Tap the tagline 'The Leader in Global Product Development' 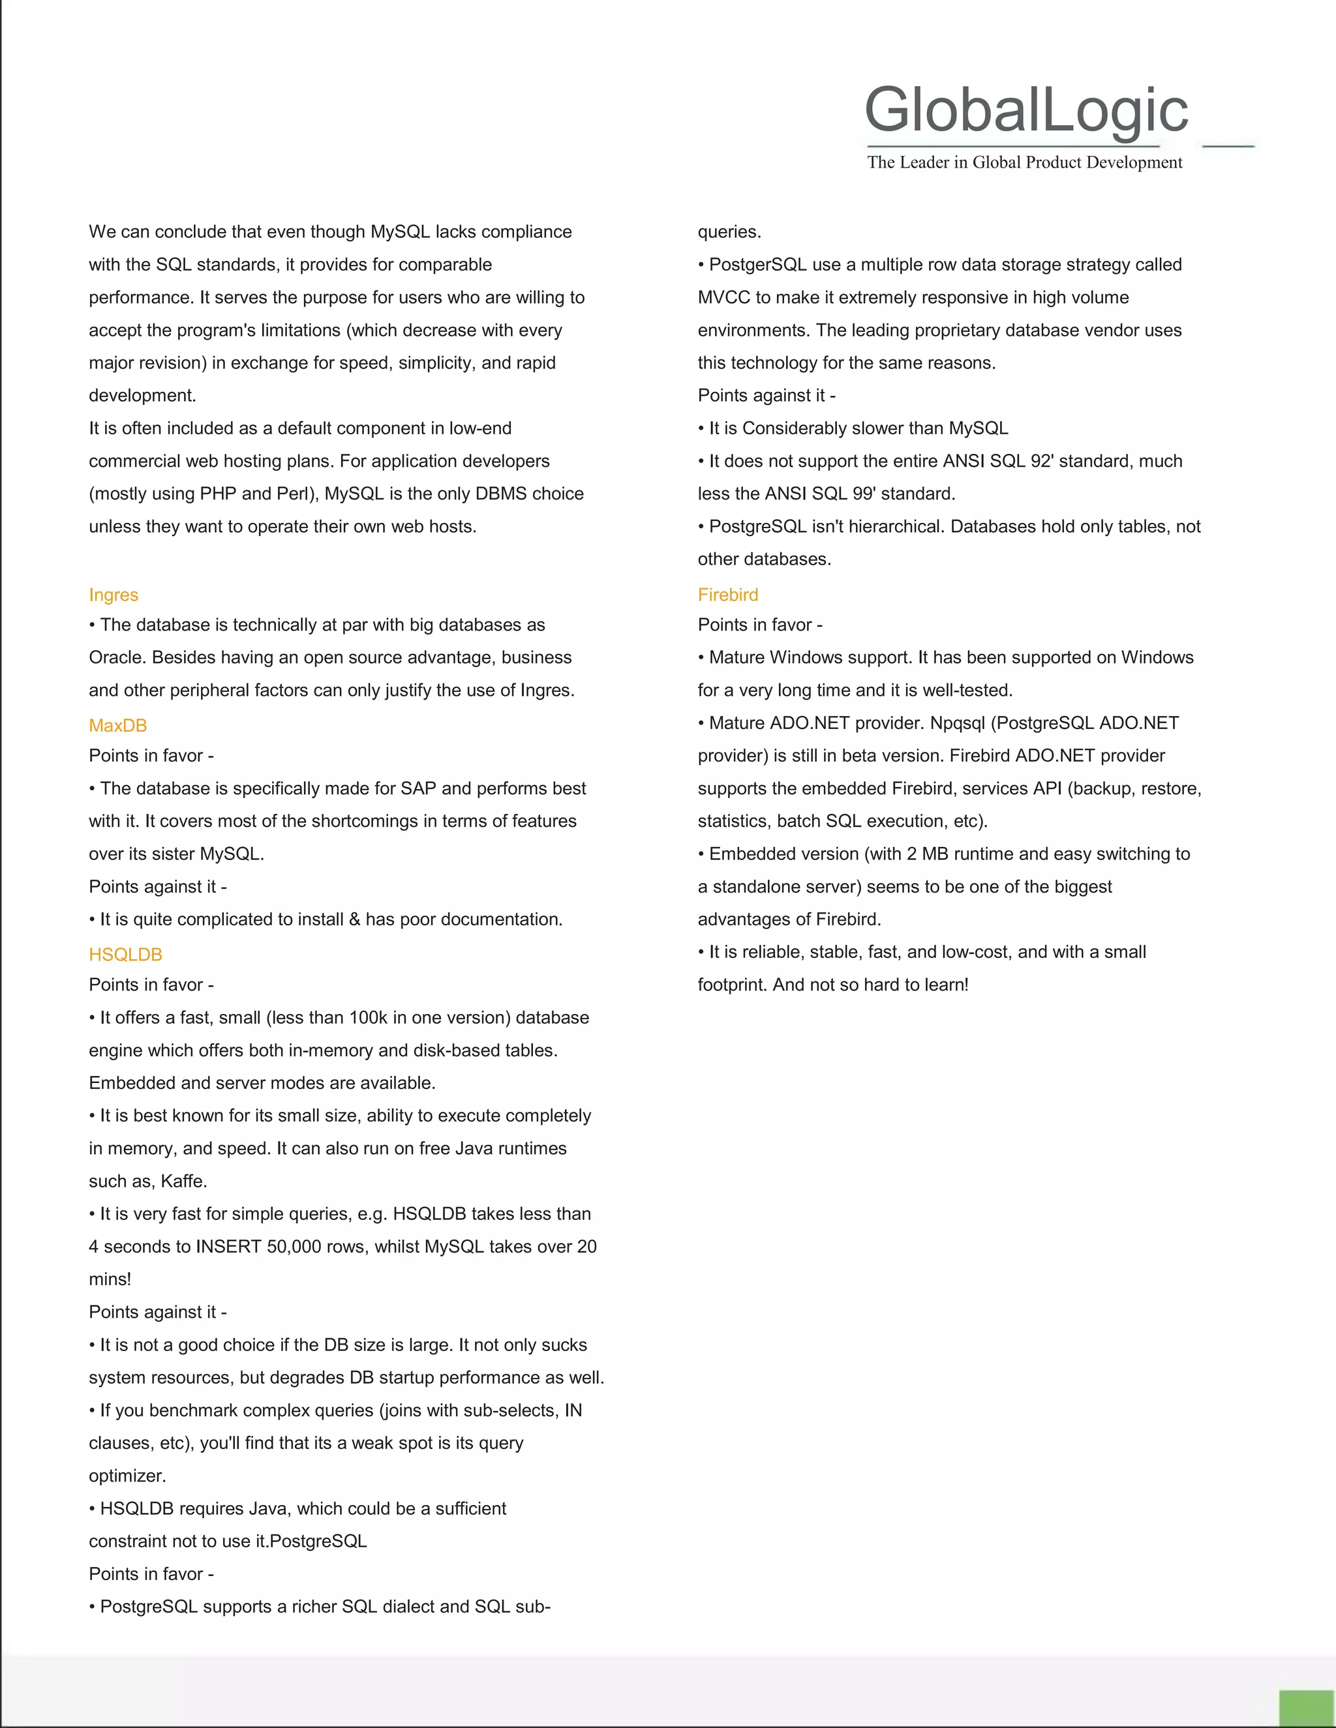tap(1024, 162)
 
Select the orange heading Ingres tap(113, 595)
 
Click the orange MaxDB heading tap(118, 726)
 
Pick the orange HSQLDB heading tap(125, 955)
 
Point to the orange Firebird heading tap(727, 595)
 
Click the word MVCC tap(724, 297)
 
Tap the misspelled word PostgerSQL tap(757, 265)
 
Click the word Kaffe tap(183, 1182)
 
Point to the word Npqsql tap(958, 723)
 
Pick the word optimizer tap(127, 1476)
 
